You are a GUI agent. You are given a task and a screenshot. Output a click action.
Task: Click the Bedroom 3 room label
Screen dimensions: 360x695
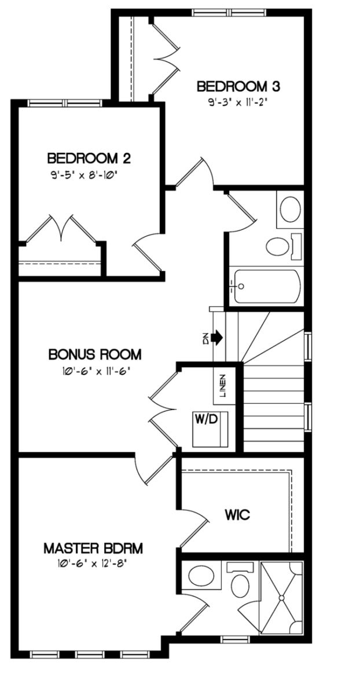pos(238,86)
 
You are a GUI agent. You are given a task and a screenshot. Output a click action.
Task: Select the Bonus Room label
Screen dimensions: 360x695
pos(95,354)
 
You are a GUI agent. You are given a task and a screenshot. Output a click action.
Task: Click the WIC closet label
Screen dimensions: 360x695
pos(237,515)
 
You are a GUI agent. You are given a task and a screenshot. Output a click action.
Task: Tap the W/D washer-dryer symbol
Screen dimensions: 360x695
pos(210,429)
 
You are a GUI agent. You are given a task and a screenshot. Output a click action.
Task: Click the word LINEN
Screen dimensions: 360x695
pos(222,386)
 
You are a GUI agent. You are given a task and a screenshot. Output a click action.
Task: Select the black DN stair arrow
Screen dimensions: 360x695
pos(217,336)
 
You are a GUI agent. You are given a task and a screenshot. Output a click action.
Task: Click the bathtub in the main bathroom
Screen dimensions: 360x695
pos(267,286)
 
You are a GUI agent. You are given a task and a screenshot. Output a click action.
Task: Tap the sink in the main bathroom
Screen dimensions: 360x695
pos(291,210)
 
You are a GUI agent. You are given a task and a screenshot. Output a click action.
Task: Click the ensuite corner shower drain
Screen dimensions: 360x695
pos(282,597)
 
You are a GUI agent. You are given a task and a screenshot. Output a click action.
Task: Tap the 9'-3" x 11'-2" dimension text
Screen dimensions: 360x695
pos(238,103)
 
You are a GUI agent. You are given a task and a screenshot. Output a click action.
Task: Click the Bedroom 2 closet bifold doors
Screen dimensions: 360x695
pos(61,229)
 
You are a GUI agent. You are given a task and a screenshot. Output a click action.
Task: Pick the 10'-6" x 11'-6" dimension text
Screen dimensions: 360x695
pos(95,371)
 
